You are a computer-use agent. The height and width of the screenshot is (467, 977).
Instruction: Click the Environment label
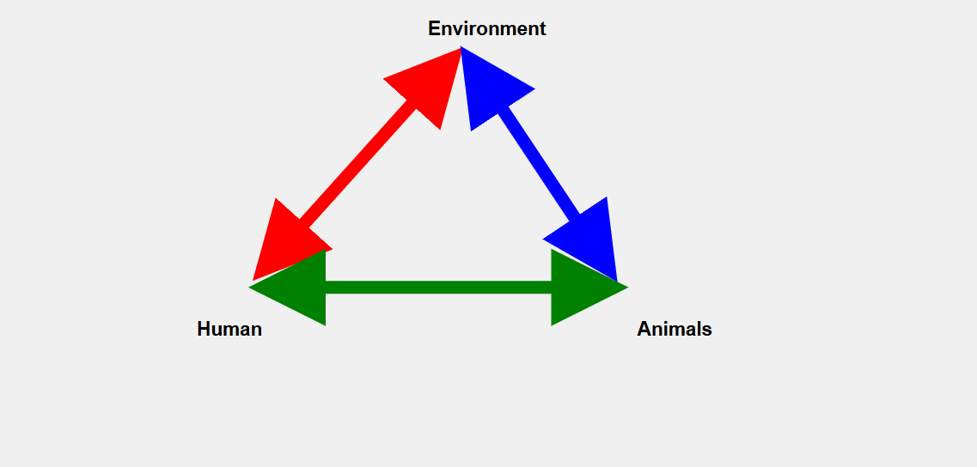(x=486, y=28)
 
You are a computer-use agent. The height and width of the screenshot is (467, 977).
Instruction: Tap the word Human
(x=229, y=329)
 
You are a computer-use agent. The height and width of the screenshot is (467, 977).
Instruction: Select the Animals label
(x=675, y=329)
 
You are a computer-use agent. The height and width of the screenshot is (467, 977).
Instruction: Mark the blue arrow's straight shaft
(x=540, y=162)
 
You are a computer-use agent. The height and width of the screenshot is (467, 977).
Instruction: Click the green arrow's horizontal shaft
(x=438, y=288)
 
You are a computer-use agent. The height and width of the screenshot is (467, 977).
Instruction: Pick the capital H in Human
(x=204, y=329)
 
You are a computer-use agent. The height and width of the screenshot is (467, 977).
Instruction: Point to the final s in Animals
(x=707, y=330)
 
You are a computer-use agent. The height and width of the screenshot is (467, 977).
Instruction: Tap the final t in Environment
(x=542, y=29)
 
